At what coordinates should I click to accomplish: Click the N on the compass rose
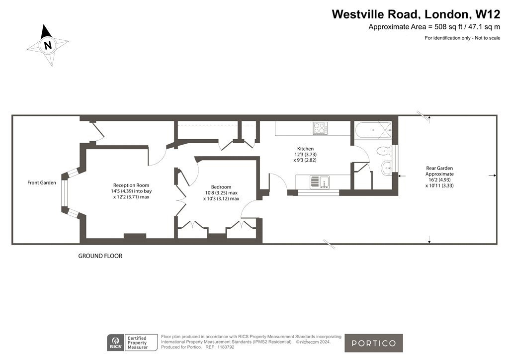48,45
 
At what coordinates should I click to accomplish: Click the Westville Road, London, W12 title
416,14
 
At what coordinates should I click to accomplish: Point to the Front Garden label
42,183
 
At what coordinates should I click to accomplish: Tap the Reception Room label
131,185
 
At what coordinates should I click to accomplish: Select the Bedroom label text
221,187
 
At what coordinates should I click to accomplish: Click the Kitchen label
306,149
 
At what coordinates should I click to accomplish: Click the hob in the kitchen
320,128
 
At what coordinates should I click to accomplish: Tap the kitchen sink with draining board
320,182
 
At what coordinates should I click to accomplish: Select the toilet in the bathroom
383,151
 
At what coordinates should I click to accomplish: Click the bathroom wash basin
386,168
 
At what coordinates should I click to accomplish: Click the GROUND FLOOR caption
100,256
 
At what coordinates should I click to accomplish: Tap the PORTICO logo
374,343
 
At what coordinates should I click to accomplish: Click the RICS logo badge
115,343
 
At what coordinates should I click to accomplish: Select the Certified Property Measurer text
137,343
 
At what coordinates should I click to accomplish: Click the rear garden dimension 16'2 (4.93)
439,180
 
